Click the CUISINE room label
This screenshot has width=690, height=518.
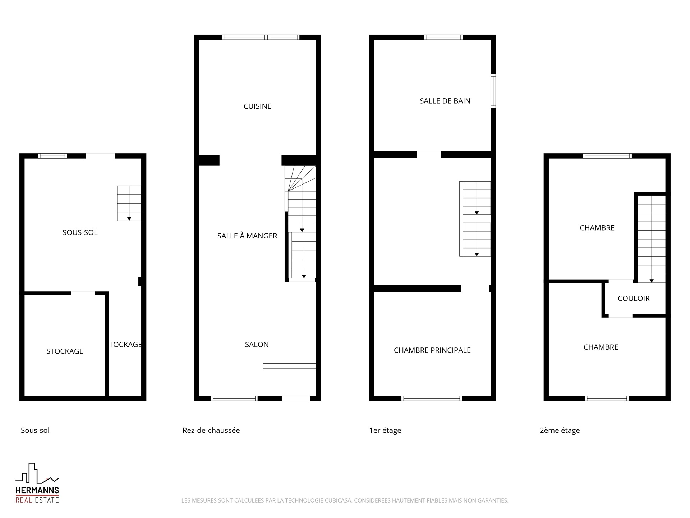[257, 106]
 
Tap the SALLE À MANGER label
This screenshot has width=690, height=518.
[247, 236]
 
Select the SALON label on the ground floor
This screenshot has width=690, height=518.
[257, 344]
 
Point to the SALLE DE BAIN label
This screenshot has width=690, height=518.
[445, 101]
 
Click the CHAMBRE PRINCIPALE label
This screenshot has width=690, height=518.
[432, 350]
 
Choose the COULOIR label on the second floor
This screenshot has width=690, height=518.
[634, 298]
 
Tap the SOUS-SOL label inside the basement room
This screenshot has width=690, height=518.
[80, 232]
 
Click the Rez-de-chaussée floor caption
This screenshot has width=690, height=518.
[211, 430]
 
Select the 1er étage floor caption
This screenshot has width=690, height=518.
[385, 430]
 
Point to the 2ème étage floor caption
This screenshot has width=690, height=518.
[560, 430]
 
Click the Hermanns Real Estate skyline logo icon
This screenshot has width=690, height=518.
[37, 473]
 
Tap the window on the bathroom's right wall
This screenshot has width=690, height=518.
[493, 91]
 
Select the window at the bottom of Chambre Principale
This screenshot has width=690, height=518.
[431, 398]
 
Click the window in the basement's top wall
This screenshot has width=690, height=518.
[52, 156]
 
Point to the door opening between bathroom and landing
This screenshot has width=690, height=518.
[428, 154]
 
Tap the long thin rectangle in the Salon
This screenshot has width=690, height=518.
[289, 366]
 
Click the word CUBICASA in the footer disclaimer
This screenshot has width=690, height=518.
[338, 500]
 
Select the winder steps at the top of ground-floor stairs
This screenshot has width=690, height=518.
[300, 178]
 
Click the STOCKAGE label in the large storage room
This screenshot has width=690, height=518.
[65, 351]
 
